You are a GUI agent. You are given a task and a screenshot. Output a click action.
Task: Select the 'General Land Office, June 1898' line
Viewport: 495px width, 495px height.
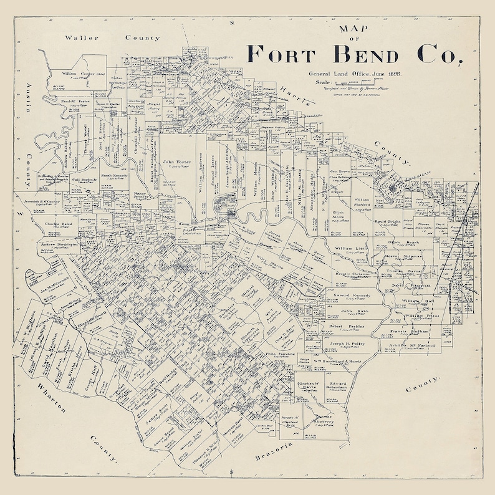coord(354,74)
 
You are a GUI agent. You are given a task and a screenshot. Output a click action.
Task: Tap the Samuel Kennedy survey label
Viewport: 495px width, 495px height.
coord(353,296)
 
